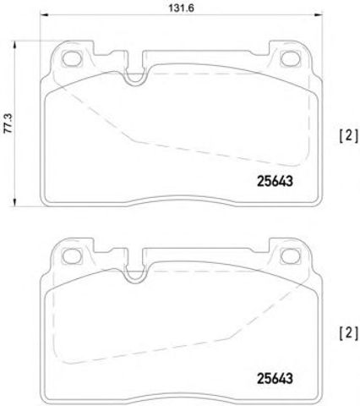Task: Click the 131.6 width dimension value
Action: (181, 8)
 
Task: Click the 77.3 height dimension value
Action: (8, 123)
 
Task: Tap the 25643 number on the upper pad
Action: (275, 181)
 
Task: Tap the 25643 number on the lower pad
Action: (275, 378)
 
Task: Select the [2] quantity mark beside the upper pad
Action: (348, 136)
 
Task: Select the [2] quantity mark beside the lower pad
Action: (348, 333)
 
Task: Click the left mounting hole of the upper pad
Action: (72, 58)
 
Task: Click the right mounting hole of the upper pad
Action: (290, 58)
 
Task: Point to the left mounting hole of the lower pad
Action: (72, 256)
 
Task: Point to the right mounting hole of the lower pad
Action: (290, 256)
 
